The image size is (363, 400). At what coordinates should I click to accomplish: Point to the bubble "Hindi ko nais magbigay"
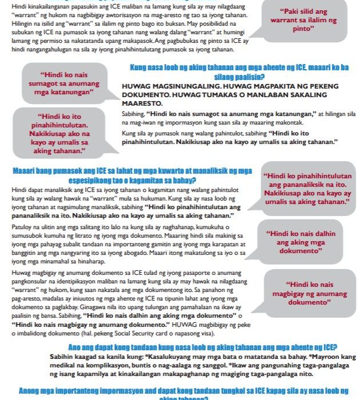point(309,293)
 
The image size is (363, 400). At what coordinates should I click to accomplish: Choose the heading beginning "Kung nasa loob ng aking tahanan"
point(239,67)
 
